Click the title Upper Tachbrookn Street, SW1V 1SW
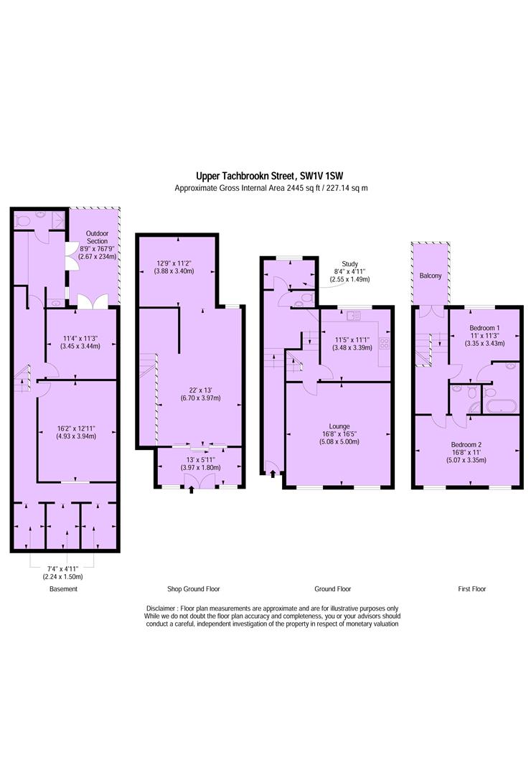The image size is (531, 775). point(270,176)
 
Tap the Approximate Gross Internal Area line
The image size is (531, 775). point(271,188)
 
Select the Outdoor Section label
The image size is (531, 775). point(97,238)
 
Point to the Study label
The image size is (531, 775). point(349,264)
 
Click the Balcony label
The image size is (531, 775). point(430,276)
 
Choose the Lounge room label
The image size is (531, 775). point(339,426)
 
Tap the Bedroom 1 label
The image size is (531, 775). point(484,328)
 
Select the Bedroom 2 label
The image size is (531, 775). point(466,444)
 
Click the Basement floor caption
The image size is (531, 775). point(63,588)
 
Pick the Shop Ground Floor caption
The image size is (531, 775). point(193,588)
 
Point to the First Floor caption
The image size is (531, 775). point(471,588)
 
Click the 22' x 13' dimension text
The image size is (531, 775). point(201,390)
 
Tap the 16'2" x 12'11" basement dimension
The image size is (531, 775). point(76,428)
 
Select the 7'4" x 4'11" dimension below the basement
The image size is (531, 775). point(63,569)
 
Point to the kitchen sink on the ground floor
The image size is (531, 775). point(353,315)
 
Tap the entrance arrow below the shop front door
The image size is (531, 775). point(192,490)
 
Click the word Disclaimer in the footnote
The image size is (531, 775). point(161,609)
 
